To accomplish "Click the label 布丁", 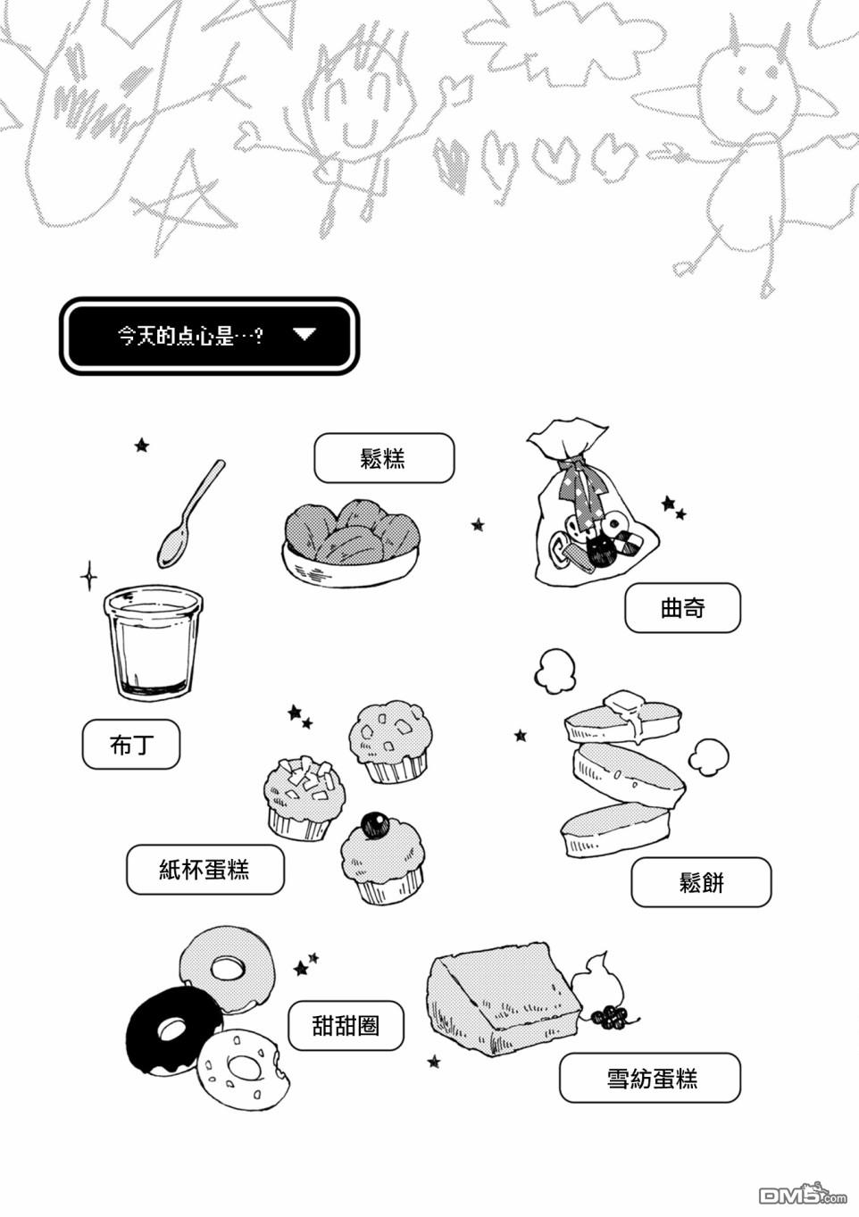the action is click(131, 745).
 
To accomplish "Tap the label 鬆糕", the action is click(384, 458).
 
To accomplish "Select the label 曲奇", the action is click(682, 608).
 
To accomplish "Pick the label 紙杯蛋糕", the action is click(204, 870).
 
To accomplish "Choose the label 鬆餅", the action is click(701, 882).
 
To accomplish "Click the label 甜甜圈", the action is click(346, 1026).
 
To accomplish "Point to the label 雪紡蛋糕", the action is click(650, 1078).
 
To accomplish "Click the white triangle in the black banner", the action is click(304, 334).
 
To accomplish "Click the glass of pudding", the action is click(153, 642).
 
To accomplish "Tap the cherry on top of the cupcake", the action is click(375, 825).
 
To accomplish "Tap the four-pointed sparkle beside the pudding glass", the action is click(89, 576).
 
